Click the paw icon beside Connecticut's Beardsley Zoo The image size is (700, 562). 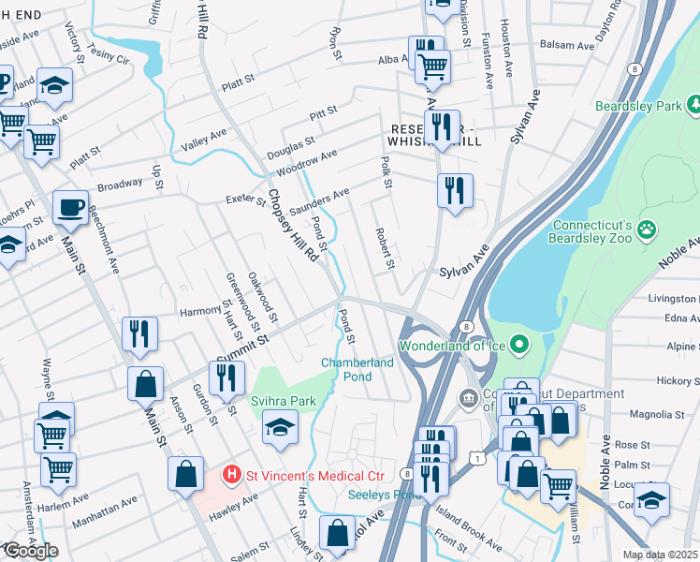pos(647,228)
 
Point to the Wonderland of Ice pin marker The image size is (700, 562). pos(524,347)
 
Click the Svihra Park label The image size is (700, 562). pos(283,401)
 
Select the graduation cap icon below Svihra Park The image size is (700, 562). pos(280,427)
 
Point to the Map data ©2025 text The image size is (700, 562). pos(661,555)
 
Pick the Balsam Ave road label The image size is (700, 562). pos(572,45)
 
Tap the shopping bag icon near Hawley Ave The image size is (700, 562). pos(186,474)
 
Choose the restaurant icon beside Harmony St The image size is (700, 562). pos(139,333)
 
